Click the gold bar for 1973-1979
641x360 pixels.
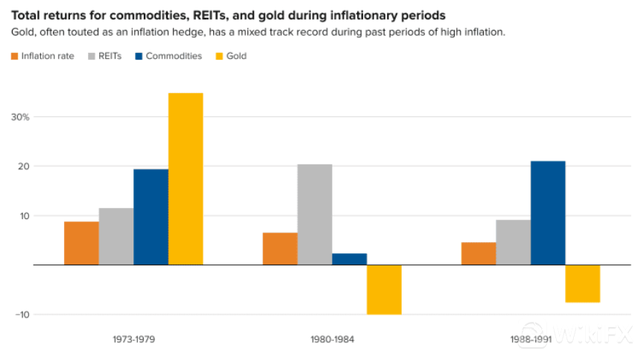point(186,179)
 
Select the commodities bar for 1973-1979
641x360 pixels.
point(151,217)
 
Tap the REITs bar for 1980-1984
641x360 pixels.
point(315,215)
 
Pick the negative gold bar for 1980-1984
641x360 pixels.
point(384,289)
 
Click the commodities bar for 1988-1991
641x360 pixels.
point(548,213)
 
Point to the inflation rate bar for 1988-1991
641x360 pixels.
point(479,253)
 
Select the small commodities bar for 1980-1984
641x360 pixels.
point(350,259)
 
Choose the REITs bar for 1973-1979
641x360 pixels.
point(116,236)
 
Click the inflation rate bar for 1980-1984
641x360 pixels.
point(280,249)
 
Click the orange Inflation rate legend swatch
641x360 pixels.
point(14,56)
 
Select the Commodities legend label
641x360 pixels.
point(174,56)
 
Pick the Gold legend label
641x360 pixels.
point(236,56)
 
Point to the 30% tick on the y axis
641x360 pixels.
point(20,117)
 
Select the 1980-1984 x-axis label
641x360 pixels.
point(332,339)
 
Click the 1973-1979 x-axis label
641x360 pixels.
point(134,339)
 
